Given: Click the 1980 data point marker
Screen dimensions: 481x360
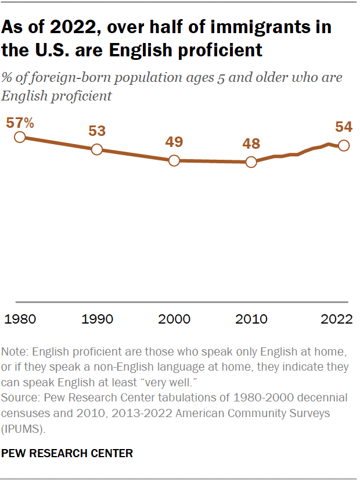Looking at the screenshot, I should [20, 137].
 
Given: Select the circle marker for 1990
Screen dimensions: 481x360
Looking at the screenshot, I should [97, 149].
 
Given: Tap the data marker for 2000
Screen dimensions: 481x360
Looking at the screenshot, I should [174, 161].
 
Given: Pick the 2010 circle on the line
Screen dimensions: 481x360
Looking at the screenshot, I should [251, 162].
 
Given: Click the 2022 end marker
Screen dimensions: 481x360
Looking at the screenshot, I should [343, 146].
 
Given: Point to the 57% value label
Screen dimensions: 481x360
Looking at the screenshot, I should [20, 123].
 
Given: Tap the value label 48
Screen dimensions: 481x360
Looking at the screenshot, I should [251, 144].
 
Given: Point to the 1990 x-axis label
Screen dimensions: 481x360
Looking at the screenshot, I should [97, 319].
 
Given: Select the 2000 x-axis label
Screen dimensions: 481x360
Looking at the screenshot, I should [174, 319].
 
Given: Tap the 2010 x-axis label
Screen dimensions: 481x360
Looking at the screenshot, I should [251, 319].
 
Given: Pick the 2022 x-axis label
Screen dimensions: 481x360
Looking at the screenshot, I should [337, 319].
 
